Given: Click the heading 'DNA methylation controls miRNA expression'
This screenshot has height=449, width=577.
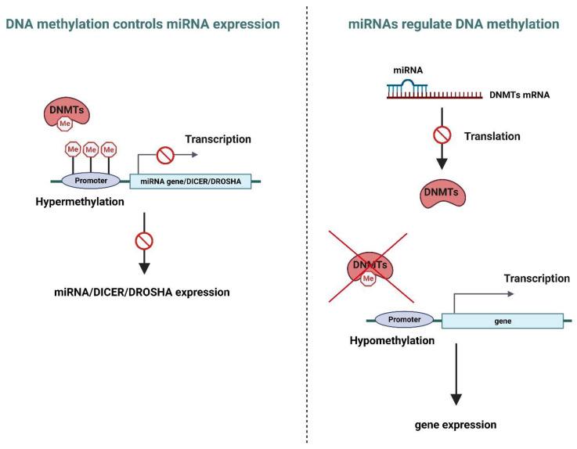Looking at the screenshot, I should pyautogui.click(x=142, y=24).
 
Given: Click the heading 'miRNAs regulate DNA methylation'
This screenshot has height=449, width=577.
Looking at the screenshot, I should pyautogui.click(x=453, y=24).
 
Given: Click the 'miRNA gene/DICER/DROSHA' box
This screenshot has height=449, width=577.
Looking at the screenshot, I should pyautogui.click(x=190, y=181).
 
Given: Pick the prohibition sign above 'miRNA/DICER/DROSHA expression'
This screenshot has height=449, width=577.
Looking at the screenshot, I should pyautogui.click(x=144, y=240).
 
